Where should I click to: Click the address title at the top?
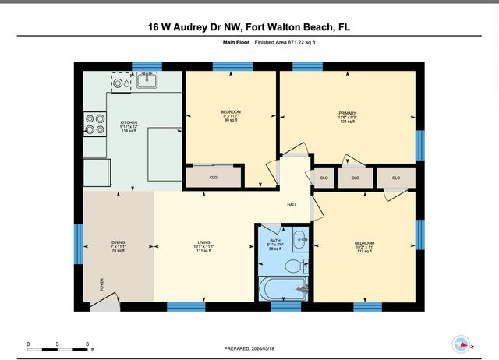249,26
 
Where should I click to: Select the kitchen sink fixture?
146,79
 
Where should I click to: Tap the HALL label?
292,205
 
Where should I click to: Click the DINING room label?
118,246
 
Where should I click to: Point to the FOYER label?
100,284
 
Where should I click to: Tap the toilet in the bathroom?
294,267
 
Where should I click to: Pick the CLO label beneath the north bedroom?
213,178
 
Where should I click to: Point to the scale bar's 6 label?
88,344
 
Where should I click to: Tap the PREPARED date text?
249,348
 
